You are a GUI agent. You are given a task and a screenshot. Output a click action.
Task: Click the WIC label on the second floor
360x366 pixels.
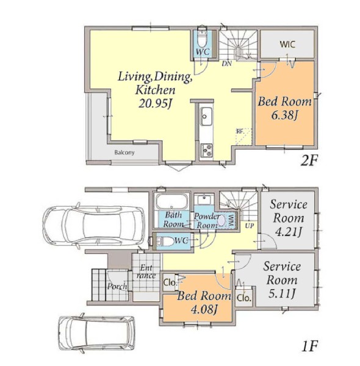[x=287, y=44]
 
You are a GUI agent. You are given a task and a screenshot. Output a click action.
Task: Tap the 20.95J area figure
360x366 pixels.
[x=155, y=104]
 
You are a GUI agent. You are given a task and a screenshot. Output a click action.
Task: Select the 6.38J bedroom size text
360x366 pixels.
[x=284, y=115]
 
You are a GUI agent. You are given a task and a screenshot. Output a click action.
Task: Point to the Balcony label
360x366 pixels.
[x=124, y=152]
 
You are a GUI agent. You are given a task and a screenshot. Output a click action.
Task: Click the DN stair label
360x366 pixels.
[x=227, y=63]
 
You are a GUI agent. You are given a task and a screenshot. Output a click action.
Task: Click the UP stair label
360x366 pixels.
[x=250, y=226]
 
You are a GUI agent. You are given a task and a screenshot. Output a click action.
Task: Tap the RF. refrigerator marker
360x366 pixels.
[x=240, y=131]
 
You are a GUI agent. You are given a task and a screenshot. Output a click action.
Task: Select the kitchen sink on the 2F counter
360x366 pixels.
[x=206, y=116]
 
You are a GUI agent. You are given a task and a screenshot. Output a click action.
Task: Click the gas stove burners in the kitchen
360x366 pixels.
[x=206, y=150]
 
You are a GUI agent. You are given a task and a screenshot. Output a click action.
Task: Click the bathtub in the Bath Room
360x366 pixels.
[x=171, y=201]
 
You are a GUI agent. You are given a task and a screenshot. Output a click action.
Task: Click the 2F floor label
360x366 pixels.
[x=309, y=160]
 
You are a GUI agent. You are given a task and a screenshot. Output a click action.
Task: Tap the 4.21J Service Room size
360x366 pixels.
[x=289, y=232]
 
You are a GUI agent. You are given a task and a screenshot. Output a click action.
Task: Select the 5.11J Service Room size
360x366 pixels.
[x=282, y=293]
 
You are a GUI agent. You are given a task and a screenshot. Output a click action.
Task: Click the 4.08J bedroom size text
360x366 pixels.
[x=204, y=309]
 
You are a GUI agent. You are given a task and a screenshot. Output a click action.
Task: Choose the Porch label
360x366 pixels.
[x=117, y=286]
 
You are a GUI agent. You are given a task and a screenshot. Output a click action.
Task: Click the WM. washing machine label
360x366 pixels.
[x=232, y=221]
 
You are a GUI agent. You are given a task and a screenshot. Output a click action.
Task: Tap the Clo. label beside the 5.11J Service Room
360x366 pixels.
[x=243, y=298]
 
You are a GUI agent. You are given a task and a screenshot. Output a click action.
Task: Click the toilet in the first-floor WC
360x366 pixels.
[x=165, y=242]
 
